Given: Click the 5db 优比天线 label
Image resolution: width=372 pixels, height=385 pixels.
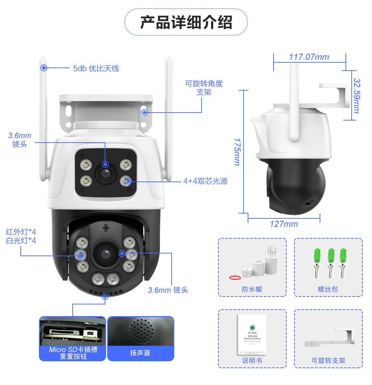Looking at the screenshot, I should (x=96, y=68).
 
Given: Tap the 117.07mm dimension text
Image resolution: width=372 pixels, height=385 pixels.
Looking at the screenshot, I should (x=309, y=57).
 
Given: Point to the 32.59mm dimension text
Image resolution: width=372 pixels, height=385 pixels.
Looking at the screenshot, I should (x=357, y=95).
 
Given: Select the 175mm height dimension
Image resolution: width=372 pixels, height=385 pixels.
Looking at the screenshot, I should (x=237, y=152).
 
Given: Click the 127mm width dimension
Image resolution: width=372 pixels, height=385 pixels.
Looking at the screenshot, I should (x=283, y=224).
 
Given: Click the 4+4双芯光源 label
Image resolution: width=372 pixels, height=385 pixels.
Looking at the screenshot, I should (x=205, y=181).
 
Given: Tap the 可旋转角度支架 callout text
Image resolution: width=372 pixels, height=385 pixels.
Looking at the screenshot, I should (x=204, y=88).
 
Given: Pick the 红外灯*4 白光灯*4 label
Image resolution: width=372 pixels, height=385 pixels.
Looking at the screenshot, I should (x=21, y=236).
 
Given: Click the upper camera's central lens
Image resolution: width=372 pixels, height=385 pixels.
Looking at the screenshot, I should (x=105, y=172).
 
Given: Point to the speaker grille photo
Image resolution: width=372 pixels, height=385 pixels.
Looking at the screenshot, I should (x=141, y=331).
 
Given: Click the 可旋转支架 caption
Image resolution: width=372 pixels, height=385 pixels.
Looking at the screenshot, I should (x=328, y=361).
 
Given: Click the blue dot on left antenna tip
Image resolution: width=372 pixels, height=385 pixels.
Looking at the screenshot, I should (x=44, y=68).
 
